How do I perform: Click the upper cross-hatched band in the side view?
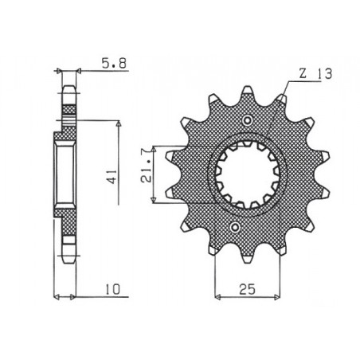(68, 108)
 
